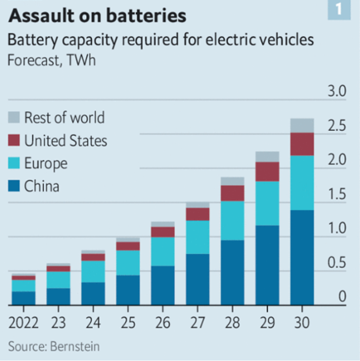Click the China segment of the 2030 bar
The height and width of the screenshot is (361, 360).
point(302,257)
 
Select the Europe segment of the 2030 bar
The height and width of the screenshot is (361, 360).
point(302,182)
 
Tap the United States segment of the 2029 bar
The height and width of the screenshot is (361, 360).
point(267,172)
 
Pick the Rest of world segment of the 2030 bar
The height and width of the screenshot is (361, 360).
point(302,125)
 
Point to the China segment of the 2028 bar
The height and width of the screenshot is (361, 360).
point(232,272)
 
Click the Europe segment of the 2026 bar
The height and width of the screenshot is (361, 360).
point(163,251)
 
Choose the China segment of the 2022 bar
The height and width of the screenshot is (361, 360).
point(23,298)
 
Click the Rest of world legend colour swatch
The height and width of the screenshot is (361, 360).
point(15,118)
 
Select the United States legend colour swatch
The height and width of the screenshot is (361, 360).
point(15,141)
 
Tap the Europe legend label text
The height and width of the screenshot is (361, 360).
point(45,164)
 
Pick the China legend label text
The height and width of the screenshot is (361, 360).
point(42,187)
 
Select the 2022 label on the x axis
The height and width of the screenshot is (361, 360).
point(23,323)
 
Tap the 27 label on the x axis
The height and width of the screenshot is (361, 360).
point(197,323)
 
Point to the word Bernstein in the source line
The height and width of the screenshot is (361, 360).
point(75,347)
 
